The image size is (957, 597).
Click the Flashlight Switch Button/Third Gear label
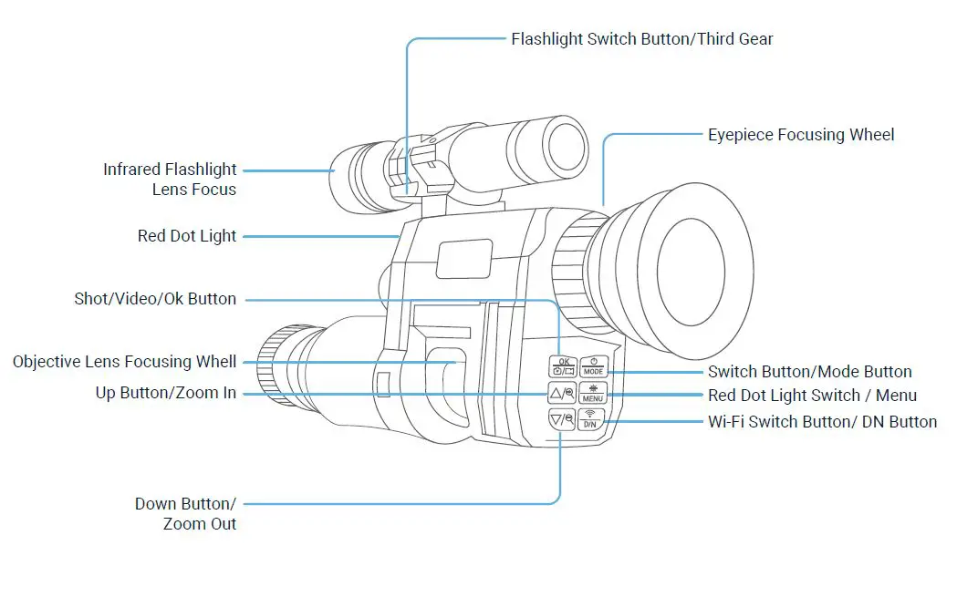coord(641,39)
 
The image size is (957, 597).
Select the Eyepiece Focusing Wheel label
coord(800,135)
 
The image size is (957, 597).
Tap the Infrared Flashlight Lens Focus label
coord(170,180)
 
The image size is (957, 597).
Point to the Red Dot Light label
coord(187,236)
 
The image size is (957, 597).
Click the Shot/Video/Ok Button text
coord(155,299)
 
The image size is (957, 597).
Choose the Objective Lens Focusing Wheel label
coord(125,362)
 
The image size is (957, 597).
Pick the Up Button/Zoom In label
coord(166,393)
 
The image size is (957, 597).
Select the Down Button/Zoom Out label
coord(185,514)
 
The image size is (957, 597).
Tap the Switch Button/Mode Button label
coord(809,372)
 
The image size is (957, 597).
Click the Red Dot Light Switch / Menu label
coord(812,396)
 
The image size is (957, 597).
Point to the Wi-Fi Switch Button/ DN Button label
coord(822,422)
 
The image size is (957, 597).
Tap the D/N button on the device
coord(590,419)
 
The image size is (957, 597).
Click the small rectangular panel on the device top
coord(463,258)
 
